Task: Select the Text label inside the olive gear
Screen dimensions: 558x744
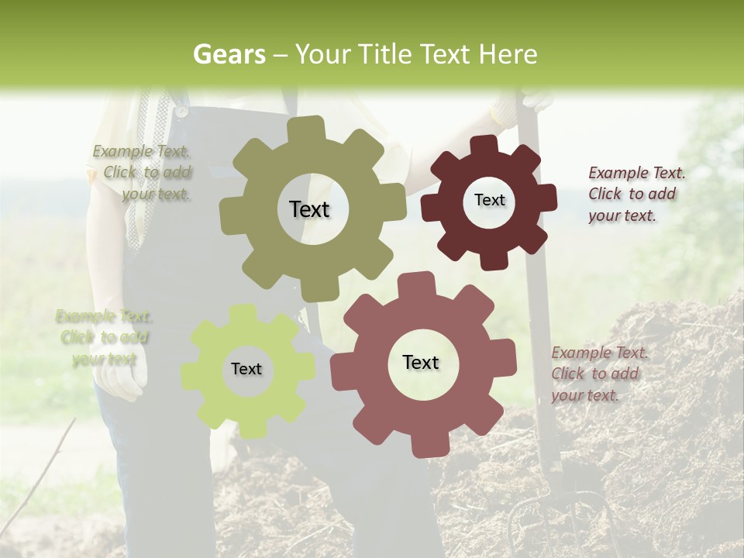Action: pyautogui.click(x=309, y=209)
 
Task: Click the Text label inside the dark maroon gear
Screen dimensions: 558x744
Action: pyautogui.click(x=489, y=200)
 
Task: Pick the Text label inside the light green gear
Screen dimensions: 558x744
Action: pyautogui.click(x=246, y=369)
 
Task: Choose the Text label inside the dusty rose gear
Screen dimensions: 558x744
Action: pyautogui.click(x=421, y=362)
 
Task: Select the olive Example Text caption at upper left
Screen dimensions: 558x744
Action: pyautogui.click(x=143, y=173)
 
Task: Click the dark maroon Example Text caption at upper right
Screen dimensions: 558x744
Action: pyautogui.click(x=635, y=194)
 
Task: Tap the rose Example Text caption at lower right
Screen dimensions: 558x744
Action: pyautogui.click(x=598, y=374)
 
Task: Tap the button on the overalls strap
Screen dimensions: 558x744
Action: pyautogui.click(x=181, y=111)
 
